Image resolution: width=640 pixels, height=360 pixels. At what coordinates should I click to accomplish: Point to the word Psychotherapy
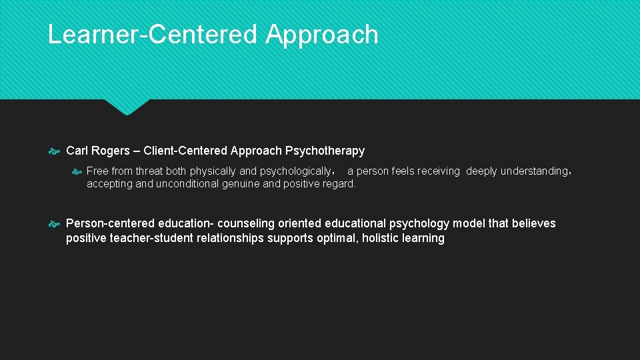tap(325, 151)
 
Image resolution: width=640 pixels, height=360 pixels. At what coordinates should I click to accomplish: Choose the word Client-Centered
tap(185, 151)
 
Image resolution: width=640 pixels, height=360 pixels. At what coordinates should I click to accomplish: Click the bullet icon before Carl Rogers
tap(55, 151)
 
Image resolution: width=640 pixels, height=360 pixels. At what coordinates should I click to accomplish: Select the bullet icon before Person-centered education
tap(55, 223)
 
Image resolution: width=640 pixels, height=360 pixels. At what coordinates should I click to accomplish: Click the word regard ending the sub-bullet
tap(339, 184)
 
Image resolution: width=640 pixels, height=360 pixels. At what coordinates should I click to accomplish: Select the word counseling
tap(245, 223)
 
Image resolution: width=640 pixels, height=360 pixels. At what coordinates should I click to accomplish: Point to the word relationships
tap(230, 238)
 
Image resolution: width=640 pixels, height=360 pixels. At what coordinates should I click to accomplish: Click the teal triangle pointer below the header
tap(127, 107)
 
